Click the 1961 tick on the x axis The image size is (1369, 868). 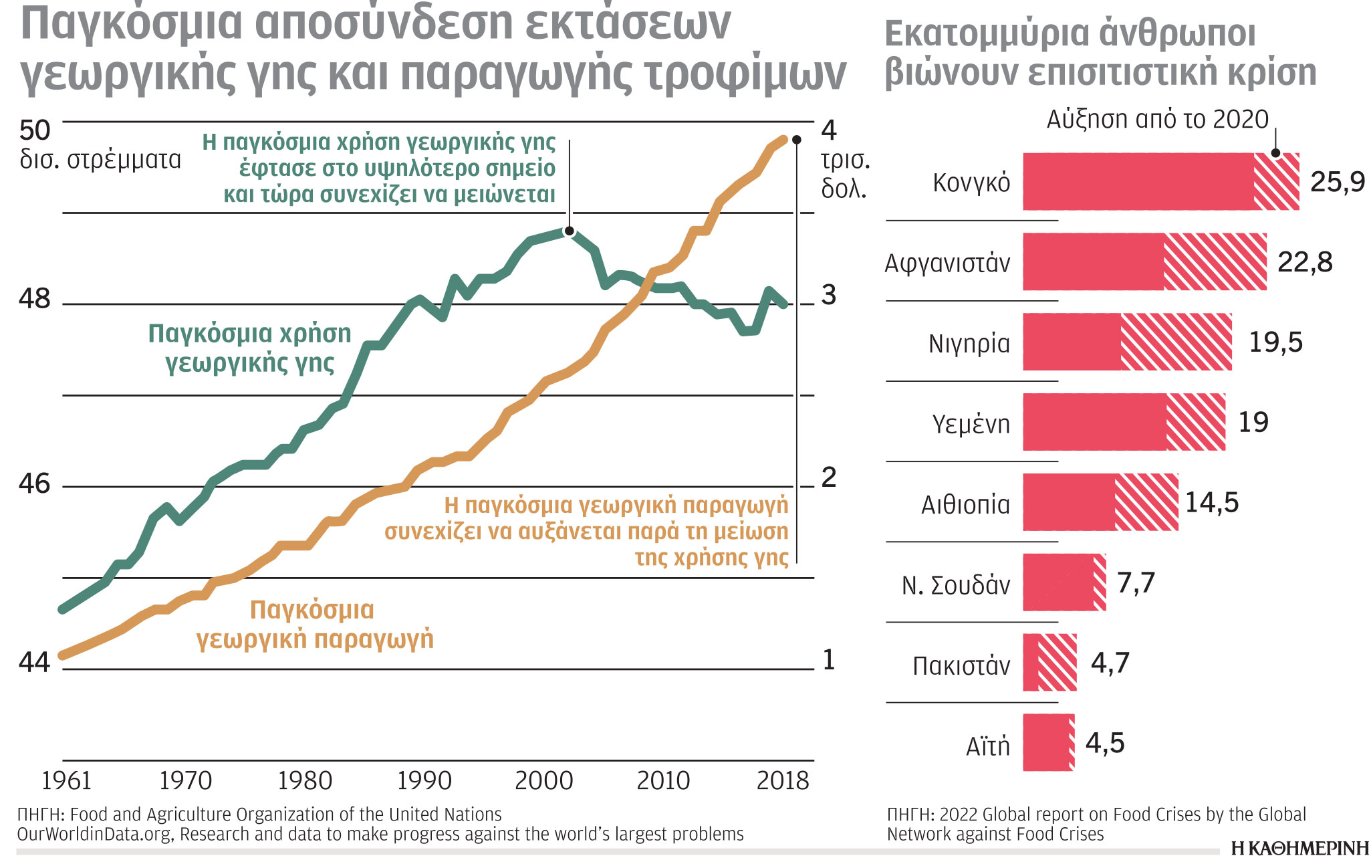(x=66, y=780)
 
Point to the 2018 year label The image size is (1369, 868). (x=783, y=780)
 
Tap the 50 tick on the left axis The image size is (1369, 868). (x=35, y=130)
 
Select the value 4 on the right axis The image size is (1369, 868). (x=829, y=130)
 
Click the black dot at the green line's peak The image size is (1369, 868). (x=569, y=231)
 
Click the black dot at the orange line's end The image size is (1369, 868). (x=796, y=140)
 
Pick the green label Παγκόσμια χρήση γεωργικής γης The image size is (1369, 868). (x=249, y=348)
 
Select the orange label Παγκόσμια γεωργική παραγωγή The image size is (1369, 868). (x=314, y=624)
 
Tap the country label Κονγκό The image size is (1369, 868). (x=971, y=183)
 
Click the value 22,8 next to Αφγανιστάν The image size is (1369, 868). (x=1305, y=262)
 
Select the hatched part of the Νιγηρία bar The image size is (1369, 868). (x=1176, y=342)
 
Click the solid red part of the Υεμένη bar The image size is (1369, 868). (x=1094, y=422)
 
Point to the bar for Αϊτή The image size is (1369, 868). (x=1047, y=742)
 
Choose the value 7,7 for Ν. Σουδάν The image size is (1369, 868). (x=1136, y=582)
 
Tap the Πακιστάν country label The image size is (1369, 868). (x=961, y=665)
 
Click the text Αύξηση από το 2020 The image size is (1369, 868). (x=1157, y=120)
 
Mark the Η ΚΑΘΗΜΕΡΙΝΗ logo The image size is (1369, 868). (x=1299, y=849)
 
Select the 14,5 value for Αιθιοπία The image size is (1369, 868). (x=1212, y=502)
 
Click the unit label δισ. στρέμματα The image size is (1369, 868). (x=100, y=160)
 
